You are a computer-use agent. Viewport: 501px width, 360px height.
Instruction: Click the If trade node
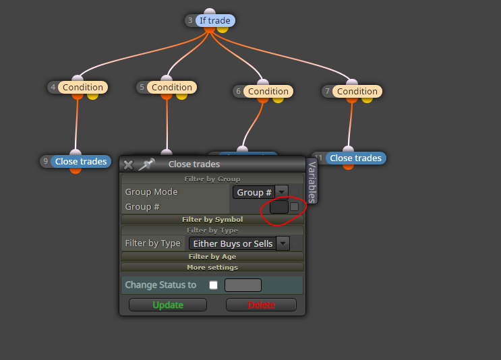214,20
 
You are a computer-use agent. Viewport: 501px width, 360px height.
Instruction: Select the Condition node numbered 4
83,87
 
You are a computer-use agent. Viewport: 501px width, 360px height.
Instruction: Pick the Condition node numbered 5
172,87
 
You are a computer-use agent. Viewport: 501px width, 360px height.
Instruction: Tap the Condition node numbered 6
268,92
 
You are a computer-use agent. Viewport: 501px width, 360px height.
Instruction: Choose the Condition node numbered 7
357,92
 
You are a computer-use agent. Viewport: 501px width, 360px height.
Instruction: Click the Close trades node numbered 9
81,161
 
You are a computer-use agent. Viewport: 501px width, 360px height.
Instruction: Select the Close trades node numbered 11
355,158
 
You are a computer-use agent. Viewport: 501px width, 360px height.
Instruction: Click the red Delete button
261,305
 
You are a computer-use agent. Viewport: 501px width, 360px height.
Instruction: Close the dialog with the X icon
128,164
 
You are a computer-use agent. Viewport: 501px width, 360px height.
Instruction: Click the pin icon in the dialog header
146,164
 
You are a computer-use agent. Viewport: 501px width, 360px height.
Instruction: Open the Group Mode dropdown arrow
281,192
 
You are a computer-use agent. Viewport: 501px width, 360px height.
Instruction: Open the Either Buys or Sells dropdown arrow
283,243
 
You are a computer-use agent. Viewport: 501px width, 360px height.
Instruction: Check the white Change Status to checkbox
214,285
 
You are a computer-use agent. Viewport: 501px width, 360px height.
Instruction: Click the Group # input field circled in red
279,207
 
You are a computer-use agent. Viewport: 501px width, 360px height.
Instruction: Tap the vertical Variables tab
312,181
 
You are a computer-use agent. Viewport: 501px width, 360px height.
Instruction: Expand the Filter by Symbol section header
212,220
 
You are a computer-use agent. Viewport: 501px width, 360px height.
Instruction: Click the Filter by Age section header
212,256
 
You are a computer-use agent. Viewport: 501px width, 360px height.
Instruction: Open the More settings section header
212,268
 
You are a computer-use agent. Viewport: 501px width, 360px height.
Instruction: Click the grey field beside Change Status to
243,285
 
